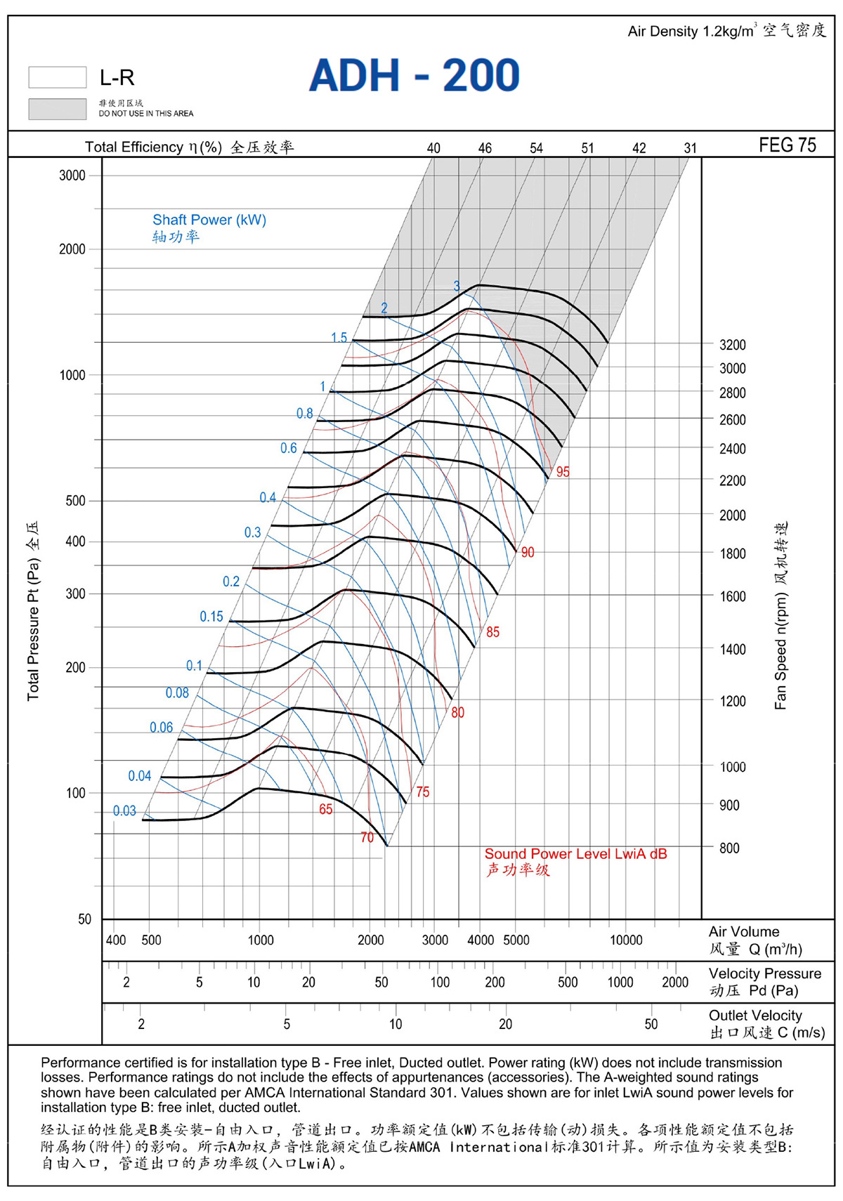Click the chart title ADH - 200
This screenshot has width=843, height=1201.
[414, 74]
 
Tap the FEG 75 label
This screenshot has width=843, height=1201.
[787, 145]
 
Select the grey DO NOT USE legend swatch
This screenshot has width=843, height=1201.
[58, 109]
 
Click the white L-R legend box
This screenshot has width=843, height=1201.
[58, 77]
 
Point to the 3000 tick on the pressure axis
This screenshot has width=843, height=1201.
[72, 176]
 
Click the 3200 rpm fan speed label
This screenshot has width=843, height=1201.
[732, 345]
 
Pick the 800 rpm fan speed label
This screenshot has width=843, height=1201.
[729, 848]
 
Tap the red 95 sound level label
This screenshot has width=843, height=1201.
[563, 472]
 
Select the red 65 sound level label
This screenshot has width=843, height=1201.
[325, 809]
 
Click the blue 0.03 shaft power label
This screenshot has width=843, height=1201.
[124, 810]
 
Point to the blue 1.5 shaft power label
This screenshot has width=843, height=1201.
[339, 337]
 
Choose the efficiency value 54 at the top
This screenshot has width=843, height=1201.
[536, 148]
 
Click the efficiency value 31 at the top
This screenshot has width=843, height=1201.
[690, 148]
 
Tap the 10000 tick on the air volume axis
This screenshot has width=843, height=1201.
[626, 940]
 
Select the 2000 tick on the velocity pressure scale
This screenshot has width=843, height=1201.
[674, 982]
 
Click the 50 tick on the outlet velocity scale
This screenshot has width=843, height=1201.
[651, 1023]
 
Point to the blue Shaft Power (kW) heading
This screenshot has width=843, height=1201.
[209, 220]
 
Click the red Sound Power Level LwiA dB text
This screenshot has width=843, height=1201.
[575, 853]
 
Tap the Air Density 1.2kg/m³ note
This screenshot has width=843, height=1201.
[692, 31]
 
